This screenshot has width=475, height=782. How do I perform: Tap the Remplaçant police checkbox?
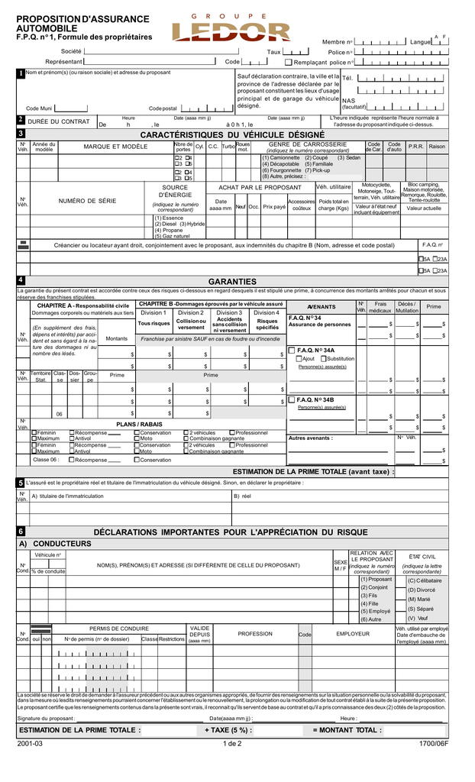click(x=288, y=62)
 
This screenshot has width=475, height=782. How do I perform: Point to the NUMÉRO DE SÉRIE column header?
click(x=88, y=201)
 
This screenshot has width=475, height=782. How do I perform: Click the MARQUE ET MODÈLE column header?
click(x=115, y=147)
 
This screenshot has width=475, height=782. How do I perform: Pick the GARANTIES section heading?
click(x=232, y=281)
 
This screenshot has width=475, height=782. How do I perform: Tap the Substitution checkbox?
click(x=324, y=359)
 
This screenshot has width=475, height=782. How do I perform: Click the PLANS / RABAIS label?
click(x=139, y=424)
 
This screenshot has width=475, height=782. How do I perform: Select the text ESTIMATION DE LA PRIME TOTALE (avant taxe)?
click(x=314, y=472)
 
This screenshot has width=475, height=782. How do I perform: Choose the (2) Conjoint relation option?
click(x=374, y=587)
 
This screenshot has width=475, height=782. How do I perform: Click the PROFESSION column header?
click(x=254, y=634)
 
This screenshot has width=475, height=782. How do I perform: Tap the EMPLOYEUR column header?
click(x=353, y=634)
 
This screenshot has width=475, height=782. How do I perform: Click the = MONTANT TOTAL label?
click(x=347, y=730)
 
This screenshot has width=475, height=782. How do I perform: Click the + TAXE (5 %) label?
click(x=228, y=730)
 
